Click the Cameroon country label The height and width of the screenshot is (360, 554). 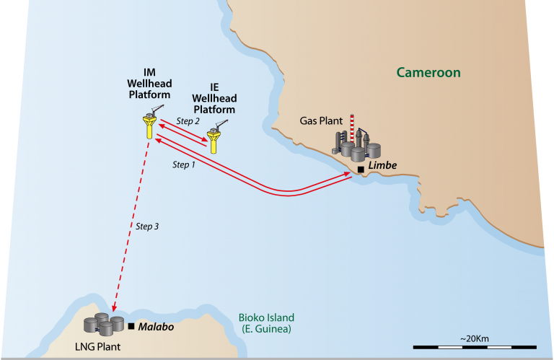pyautogui.click(x=428, y=73)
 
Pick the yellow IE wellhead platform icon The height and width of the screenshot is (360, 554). pyautogui.click(x=214, y=140)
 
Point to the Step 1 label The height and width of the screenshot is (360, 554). pyautogui.click(x=184, y=164)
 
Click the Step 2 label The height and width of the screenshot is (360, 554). pyautogui.click(x=188, y=121)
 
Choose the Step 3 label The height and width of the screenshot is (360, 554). pyautogui.click(x=146, y=227)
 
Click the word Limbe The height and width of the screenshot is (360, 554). pyautogui.click(x=382, y=166)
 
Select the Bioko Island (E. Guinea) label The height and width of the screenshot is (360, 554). pyautogui.click(x=266, y=323)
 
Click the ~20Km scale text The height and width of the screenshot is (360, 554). pyautogui.click(x=474, y=338)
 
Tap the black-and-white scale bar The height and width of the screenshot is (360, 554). pyautogui.click(x=474, y=348)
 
